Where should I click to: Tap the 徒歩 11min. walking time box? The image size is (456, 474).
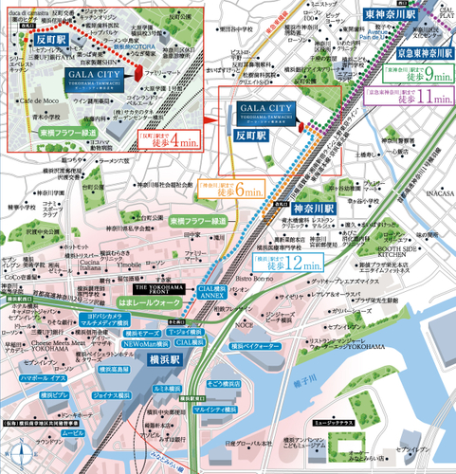(x=410, y=97)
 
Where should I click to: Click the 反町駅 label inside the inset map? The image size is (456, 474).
(x=47, y=42)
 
